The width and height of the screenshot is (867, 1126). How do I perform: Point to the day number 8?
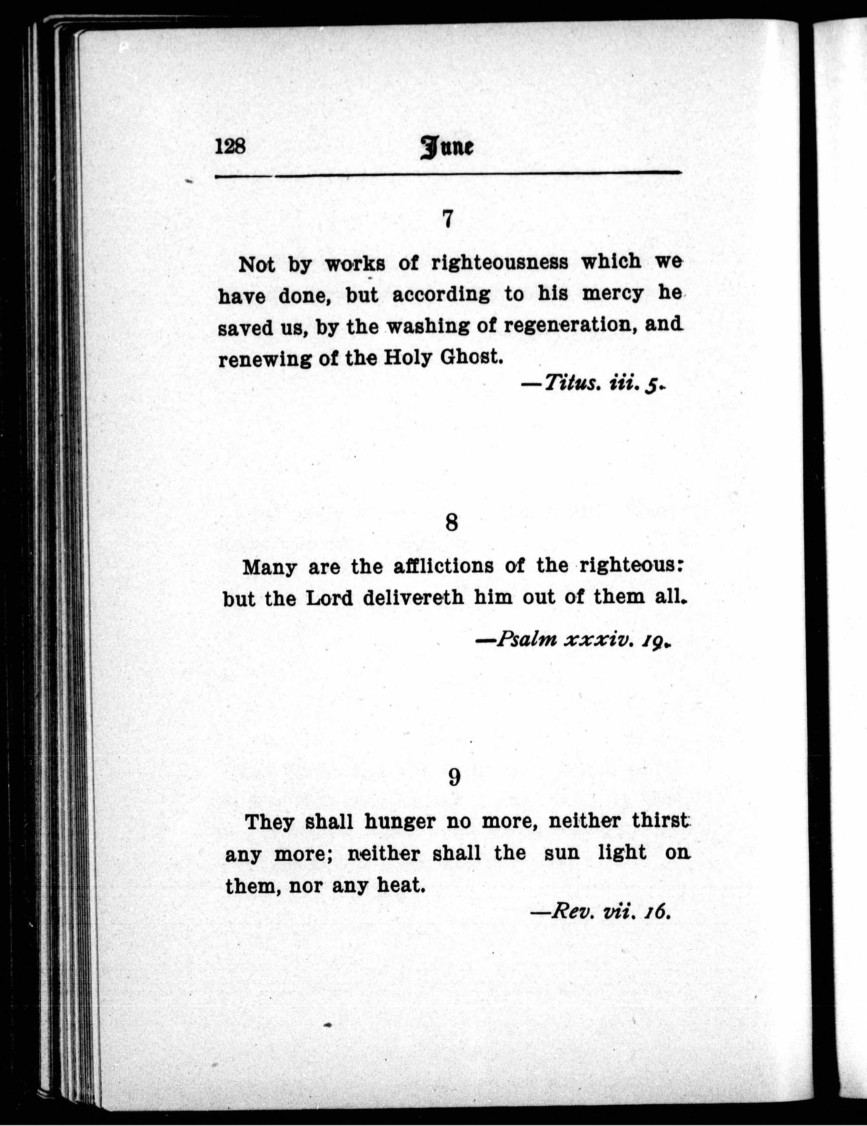pyautogui.click(x=451, y=523)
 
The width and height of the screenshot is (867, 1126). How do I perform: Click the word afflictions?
pyautogui.click(x=443, y=567)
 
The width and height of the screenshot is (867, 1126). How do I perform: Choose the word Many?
pyautogui.click(x=269, y=568)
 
